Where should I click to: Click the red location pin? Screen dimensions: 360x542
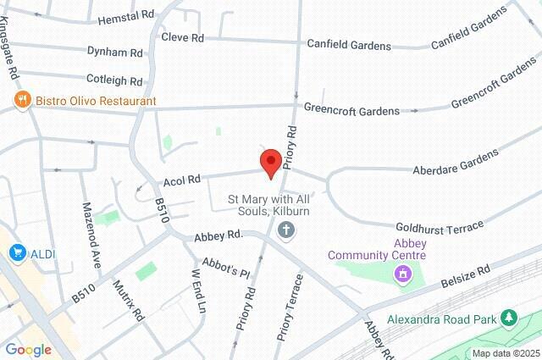(271, 162)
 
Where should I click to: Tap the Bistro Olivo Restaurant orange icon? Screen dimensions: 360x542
(23, 101)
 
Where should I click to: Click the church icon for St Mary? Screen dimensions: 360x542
(287, 230)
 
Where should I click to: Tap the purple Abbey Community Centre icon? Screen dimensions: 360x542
(402, 274)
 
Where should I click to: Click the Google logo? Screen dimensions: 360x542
(28, 350)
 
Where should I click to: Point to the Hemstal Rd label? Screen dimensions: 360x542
(128, 16)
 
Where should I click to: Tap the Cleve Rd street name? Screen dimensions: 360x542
(184, 38)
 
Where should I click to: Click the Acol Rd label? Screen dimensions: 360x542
(182, 180)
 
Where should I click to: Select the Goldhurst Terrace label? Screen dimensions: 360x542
(439, 226)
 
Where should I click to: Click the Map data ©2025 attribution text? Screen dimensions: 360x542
(504, 353)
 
